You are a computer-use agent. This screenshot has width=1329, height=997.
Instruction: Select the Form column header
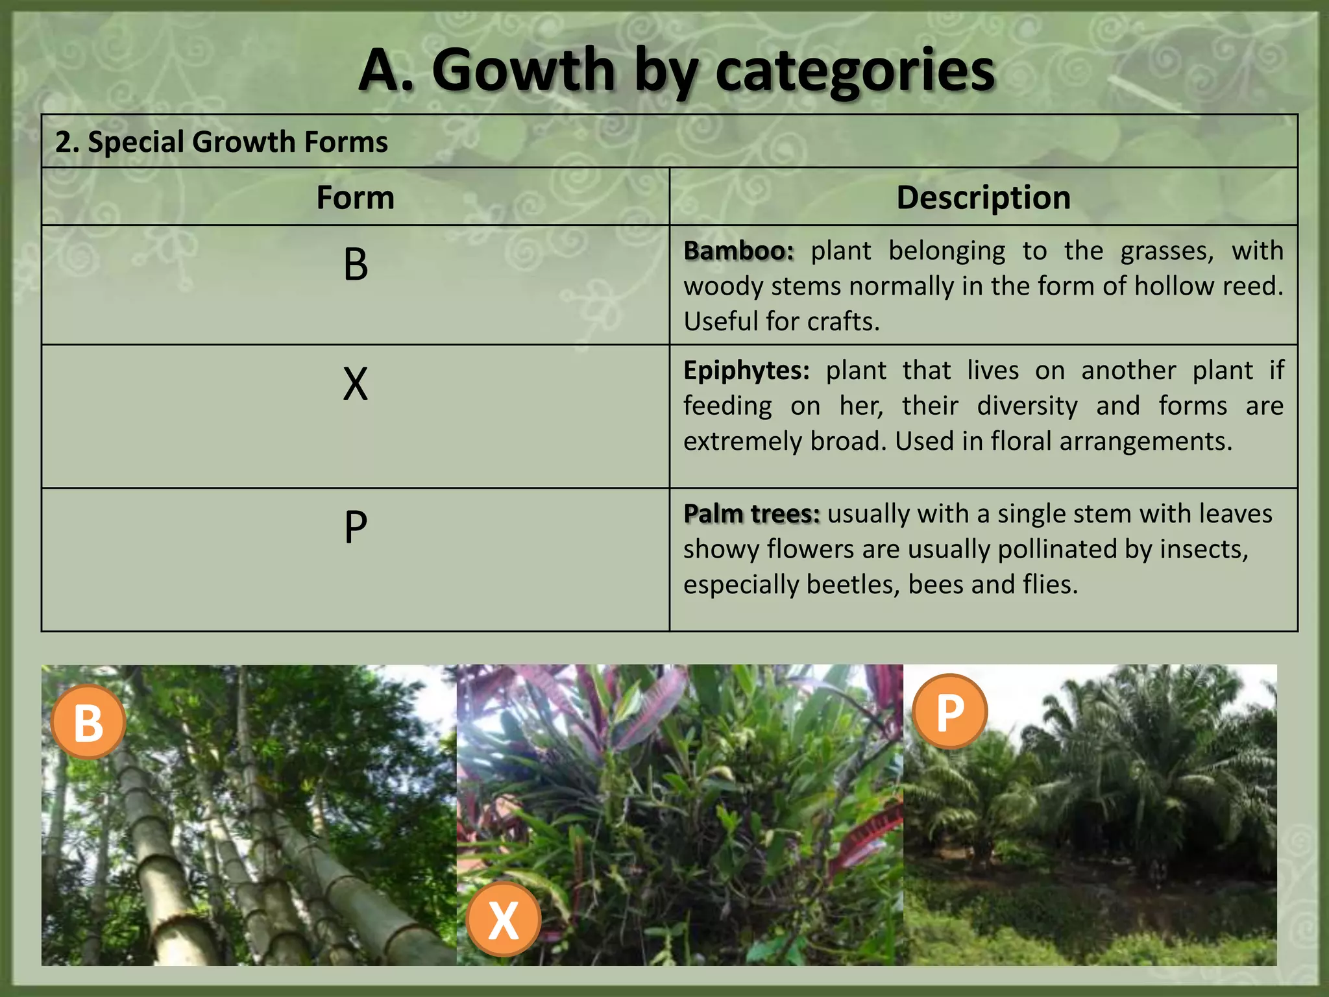(355, 197)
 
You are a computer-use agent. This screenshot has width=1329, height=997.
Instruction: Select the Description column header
(983, 197)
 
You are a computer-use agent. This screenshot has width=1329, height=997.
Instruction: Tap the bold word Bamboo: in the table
(738, 251)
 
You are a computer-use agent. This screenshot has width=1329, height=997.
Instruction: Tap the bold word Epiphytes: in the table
(746, 371)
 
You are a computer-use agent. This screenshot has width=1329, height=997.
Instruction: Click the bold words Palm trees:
(751, 513)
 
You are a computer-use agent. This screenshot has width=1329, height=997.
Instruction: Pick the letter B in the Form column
(356, 265)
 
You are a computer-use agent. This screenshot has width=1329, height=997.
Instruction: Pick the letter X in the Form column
(356, 384)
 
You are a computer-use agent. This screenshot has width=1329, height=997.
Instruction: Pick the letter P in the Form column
(356, 527)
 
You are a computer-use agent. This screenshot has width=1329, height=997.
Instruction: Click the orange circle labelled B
(88, 722)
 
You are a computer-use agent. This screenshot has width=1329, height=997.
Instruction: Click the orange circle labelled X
(504, 919)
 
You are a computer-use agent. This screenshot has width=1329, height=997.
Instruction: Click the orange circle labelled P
(950, 712)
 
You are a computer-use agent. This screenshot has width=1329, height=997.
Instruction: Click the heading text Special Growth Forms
(238, 142)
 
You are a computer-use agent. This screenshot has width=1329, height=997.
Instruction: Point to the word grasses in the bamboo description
(1167, 251)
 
